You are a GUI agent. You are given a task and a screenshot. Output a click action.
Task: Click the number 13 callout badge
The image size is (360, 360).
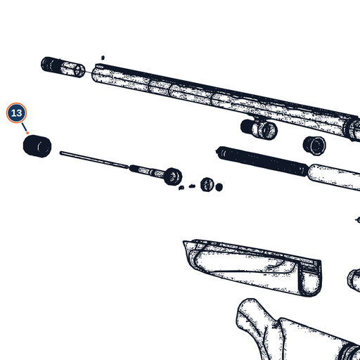pos(16,113)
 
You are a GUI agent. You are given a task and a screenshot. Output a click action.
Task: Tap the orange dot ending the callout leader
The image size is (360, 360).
pos(27,133)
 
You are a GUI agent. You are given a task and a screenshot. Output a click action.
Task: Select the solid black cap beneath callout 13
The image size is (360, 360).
pos(37,146)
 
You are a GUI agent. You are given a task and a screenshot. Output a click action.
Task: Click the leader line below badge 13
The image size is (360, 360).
pos(25,127)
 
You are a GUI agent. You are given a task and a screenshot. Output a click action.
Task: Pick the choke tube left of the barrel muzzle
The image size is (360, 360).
pos(63,67)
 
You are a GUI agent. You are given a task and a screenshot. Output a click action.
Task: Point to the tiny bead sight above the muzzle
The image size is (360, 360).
pos(103,58)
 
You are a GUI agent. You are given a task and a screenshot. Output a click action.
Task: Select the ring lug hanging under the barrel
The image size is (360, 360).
pos(259,129)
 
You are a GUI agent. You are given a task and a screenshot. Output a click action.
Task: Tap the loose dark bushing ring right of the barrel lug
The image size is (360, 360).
pos(314,145)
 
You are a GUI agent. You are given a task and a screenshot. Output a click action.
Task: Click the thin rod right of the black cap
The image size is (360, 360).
pos(94,160)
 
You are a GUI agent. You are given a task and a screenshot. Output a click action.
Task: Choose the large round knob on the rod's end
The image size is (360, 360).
pos(173,176)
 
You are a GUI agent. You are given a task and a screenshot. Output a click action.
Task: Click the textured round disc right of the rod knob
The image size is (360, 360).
pos(207,184)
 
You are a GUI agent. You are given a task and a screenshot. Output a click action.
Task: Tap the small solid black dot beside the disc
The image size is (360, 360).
pos(219,187)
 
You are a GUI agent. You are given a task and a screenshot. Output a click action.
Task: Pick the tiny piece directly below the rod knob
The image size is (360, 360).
pos(181,188)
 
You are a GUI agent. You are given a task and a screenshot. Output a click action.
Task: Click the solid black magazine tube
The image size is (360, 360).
pos(262,161)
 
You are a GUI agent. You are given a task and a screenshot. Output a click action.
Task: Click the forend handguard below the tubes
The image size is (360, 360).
pos(252,267)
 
